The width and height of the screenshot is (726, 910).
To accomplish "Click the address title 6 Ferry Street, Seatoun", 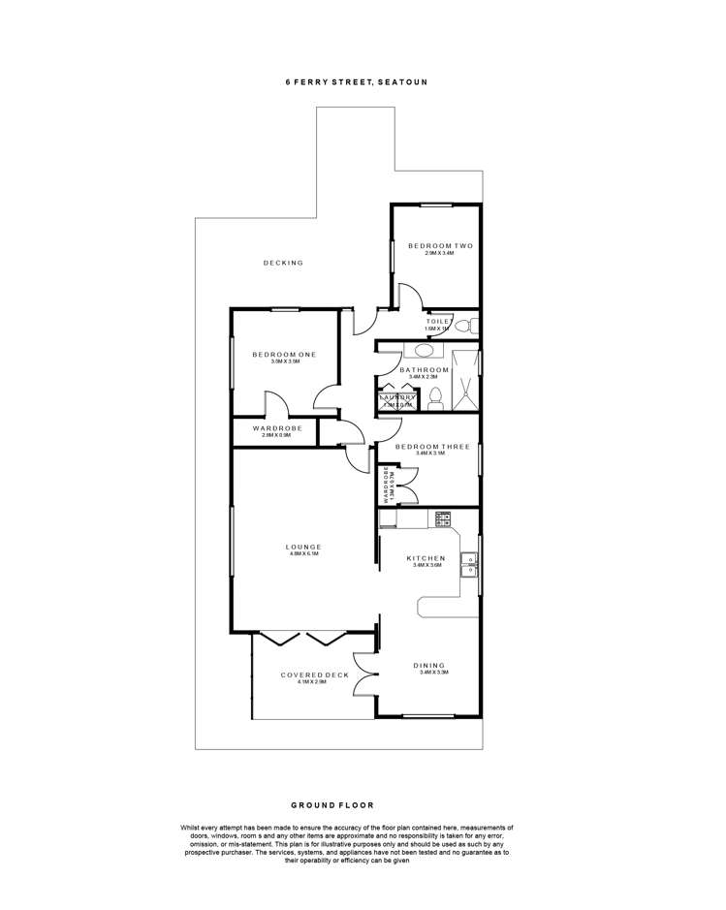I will tap(356, 82).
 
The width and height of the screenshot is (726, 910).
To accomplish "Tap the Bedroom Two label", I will tap(439, 246).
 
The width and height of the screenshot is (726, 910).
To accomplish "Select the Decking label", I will tap(283, 263).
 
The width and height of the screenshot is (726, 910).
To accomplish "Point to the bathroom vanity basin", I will tap(426, 351).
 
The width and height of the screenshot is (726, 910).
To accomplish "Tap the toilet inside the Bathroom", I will tap(435, 397).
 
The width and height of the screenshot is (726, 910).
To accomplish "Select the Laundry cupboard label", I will tap(397, 397).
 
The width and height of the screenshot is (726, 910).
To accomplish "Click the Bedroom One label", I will tap(283, 355).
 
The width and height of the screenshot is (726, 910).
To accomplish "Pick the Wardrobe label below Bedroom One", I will tap(277, 428).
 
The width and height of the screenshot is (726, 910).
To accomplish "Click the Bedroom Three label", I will tap(432, 447).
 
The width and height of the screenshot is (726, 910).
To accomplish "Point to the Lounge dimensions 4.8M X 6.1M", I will tap(303, 555).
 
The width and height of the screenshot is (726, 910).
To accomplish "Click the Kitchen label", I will tap(426, 558).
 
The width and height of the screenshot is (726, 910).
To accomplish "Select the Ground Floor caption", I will tap(331, 804).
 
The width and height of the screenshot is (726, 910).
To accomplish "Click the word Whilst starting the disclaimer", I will tap(192, 827).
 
